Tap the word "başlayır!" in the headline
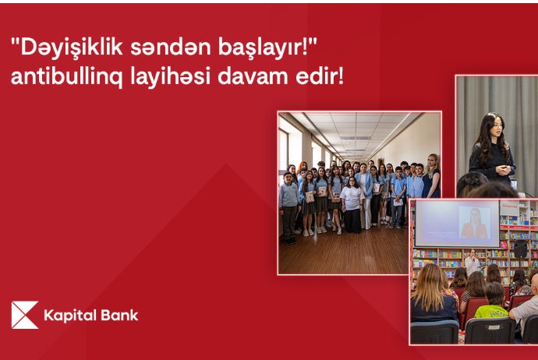pyautogui.click(x=267, y=48)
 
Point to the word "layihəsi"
pyautogui.click(x=170, y=77)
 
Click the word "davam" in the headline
pyautogui.click(x=253, y=77)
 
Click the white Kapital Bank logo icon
pyautogui.click(x=25, y=315)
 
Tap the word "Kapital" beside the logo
pyautogui.click(x=71, y=316)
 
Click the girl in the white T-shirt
pyautogui.click(x=352, y=205)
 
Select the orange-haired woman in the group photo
pyautogui.click(x=302, y=171)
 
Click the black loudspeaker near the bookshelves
pyautogui.click(x=521, y=249)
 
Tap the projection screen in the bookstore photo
pyautogui.click(x=457, y=224)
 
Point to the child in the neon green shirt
pyautogui.click(x=493, y=302)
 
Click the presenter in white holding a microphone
pyautogui.click(x=473, y=262)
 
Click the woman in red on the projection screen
pyautogui.click(x=475, y=224)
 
